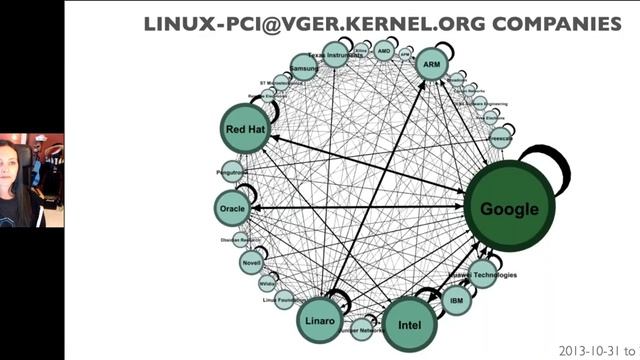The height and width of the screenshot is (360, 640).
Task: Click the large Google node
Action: [509, 208]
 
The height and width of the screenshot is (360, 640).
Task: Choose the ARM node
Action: [432, 65]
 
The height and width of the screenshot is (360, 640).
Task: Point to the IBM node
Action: [457, 300]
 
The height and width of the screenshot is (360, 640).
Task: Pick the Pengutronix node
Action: [232, 171]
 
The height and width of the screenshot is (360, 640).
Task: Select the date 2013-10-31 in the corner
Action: [583, 351]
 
